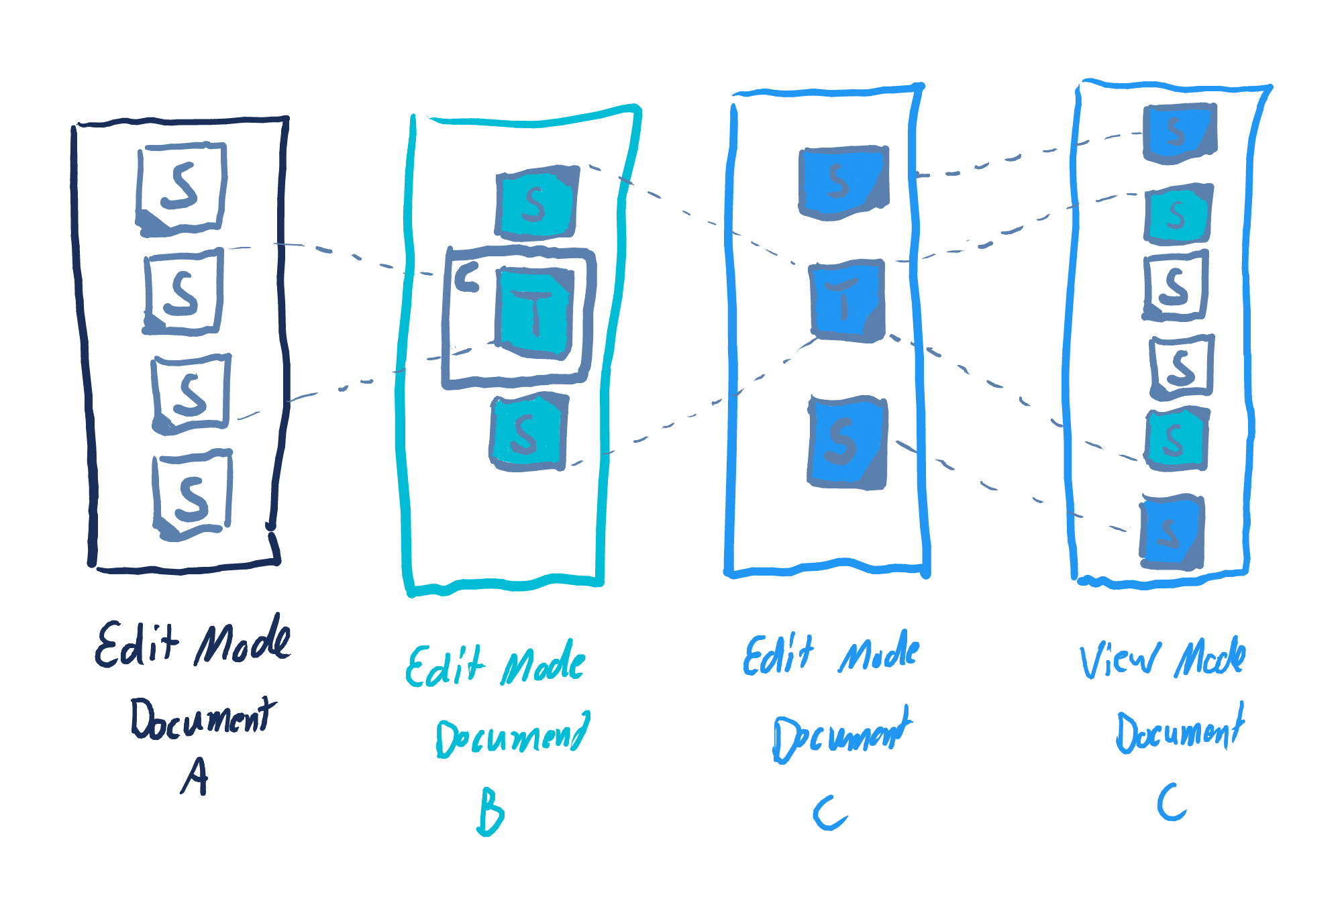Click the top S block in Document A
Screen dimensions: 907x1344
[182, 187]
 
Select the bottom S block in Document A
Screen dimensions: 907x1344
[193, 495]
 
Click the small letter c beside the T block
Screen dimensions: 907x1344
[467, 277]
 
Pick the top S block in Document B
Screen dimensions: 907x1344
[536, 203]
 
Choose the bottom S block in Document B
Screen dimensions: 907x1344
[528, 433]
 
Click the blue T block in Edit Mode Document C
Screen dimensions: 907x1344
[847, 300]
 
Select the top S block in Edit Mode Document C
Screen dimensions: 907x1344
[843, 181]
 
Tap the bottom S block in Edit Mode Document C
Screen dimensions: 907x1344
[847, 441]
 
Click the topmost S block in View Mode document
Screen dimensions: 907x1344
[1179, 133]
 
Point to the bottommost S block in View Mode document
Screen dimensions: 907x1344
[1172, 533]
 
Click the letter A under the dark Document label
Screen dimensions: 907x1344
[195, 776]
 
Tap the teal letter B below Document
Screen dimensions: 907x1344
[490, 812]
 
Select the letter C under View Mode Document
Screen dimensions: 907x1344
[1172, 802]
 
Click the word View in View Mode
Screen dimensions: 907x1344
[1119, 659]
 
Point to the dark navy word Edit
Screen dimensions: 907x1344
[138, 644]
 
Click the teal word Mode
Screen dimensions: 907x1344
[544, 663]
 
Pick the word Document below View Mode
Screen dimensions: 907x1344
[1180, 730]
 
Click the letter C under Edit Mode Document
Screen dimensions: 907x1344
[830, 813]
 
